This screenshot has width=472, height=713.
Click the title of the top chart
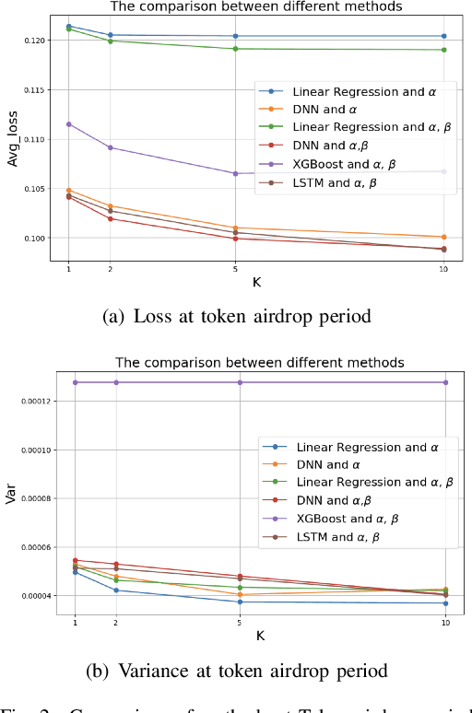pyautogui.click(x=255, y=6)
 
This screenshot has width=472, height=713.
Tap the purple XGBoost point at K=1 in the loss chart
pyautogui.click(x=69, y=123)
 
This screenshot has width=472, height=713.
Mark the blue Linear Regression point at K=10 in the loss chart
pyautogui.click(x=444, y=36)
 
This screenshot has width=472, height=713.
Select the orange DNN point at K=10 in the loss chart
pyautogui.click(x=444, y=237)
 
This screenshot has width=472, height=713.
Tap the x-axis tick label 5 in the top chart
pyautogui.click(x=235, y=268)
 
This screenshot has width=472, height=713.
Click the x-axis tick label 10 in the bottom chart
pyautogui.click(x=445, y=624)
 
